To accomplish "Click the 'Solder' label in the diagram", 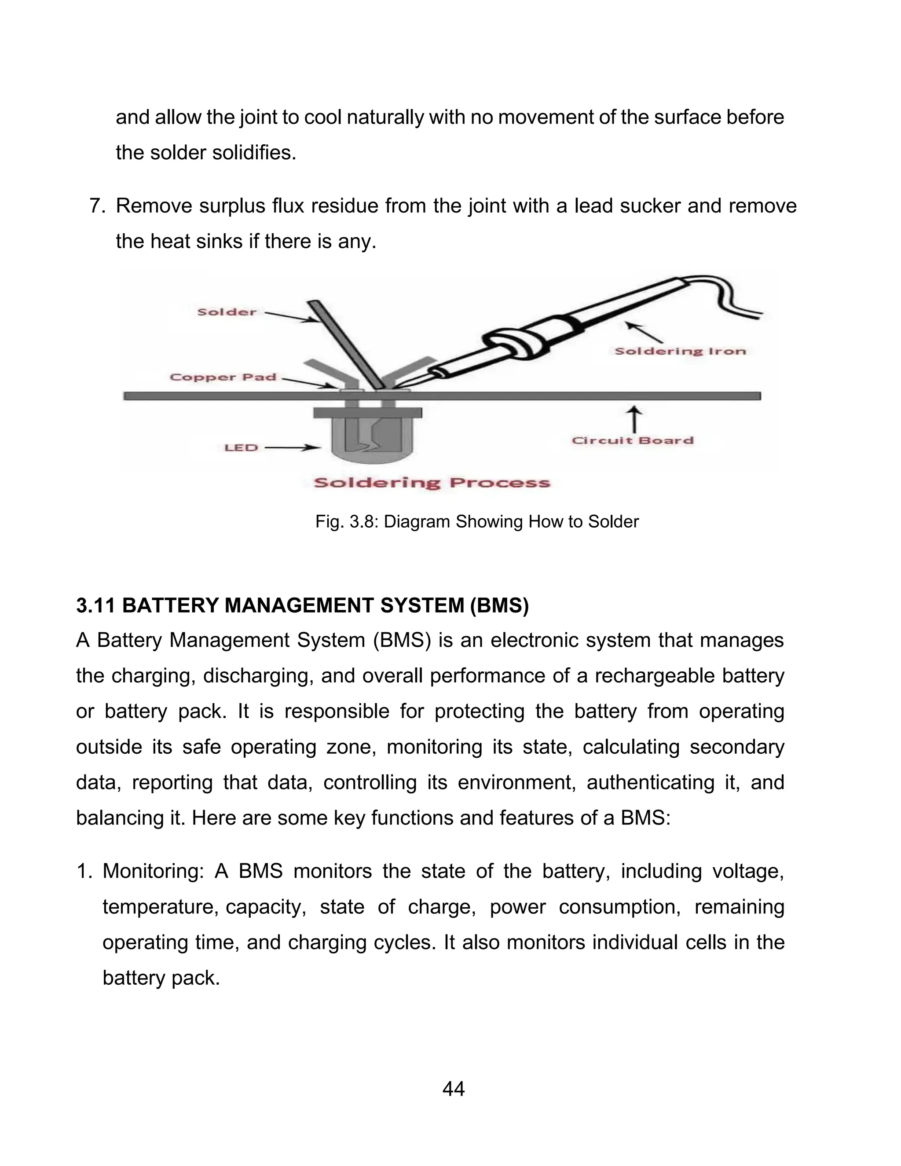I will (x=227, y=312).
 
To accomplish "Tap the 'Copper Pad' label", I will (x=223, y=377).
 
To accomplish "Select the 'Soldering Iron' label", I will (x=680, y=351).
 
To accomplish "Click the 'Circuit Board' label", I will (x=633, y=440).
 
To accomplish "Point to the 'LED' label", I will (x=241, y=447).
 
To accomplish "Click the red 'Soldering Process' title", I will (x=432, y=483).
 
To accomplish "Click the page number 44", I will (x=453, y=1089).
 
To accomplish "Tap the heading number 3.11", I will (x=95, y=605).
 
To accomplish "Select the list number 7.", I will (x=97, y=206).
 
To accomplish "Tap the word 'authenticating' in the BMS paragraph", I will (x=650, y=783).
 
